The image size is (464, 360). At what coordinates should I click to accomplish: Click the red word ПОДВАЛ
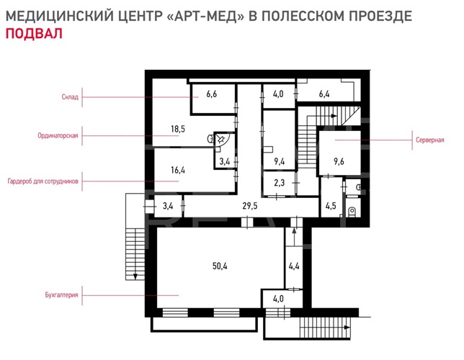click(34, 33)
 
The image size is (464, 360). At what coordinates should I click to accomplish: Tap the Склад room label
click(70, 97)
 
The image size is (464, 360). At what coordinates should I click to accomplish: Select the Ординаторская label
click(58, 136)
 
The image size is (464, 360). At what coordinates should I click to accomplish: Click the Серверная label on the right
click(429, 140)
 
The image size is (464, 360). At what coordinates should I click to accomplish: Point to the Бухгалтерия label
click(61, 295)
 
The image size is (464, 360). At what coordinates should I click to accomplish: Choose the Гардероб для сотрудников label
click(43, 181)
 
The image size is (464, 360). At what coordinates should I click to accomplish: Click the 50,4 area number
click(220, 266)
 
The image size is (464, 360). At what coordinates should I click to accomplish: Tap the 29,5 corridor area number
click(250, 206)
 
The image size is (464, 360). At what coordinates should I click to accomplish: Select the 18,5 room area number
click(178, 129)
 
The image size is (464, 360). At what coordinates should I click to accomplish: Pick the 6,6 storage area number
click(212, 94)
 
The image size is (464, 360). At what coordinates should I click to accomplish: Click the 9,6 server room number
click(339, 161)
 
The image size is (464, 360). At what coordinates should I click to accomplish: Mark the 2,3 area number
click(279, 183)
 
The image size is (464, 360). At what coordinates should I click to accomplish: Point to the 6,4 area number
click(324, 94)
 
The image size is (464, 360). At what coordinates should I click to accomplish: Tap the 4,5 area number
click(331, 206)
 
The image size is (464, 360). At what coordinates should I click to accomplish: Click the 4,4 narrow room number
click(294, 266)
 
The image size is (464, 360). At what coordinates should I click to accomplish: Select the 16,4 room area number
click(178, 170)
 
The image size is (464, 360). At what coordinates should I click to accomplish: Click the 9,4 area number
click(280, 161)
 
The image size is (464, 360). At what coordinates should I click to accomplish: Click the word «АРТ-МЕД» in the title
click(206, 16)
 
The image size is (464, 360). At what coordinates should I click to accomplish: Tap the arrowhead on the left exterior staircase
click(135, 276)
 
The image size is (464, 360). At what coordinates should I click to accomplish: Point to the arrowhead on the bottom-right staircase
click(347, 328)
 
